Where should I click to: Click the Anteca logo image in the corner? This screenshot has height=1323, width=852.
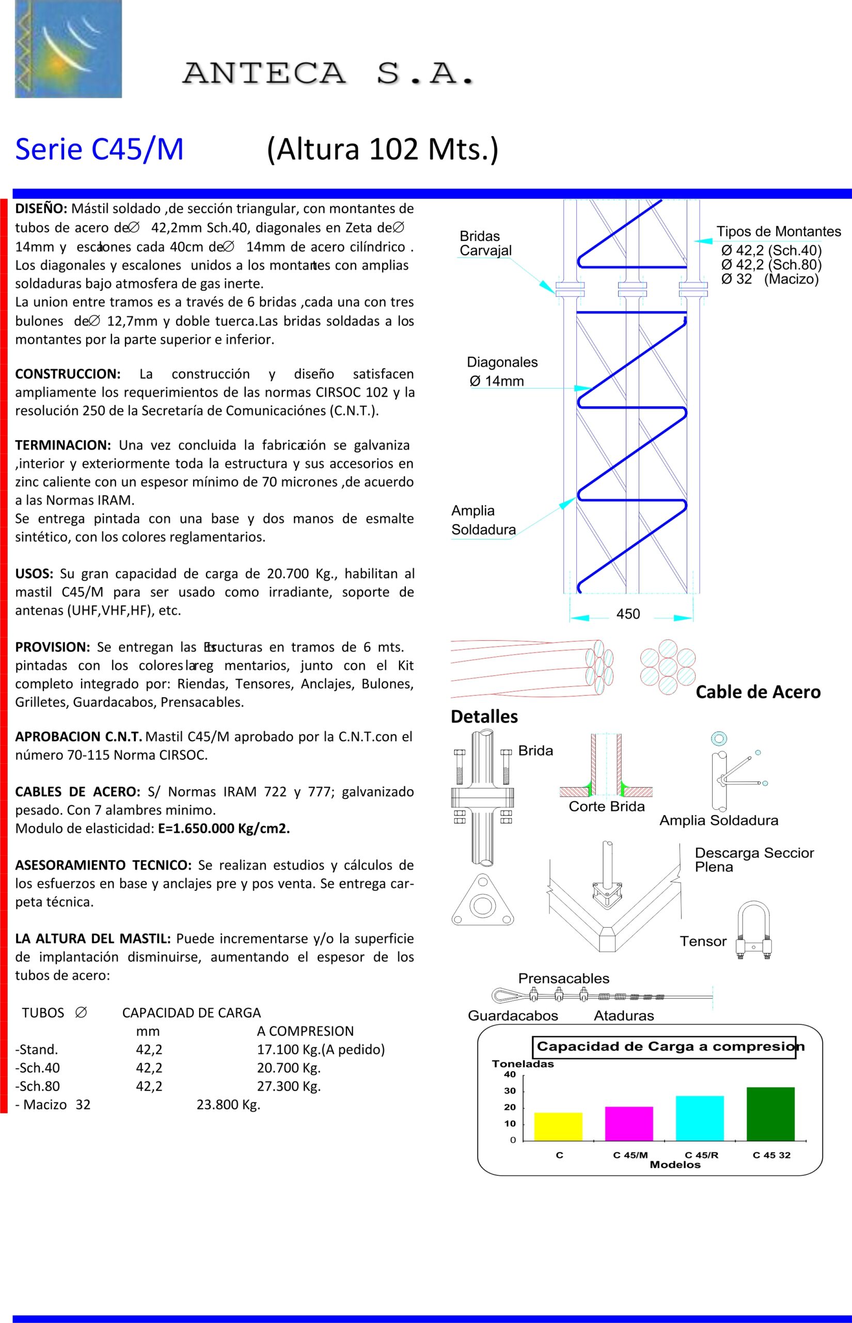68,49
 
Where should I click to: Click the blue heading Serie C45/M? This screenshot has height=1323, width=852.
100,149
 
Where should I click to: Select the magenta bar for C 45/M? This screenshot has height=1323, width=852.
629,1123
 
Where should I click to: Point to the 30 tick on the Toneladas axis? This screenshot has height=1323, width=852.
510,1091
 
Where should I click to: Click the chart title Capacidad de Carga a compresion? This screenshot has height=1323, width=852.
664,1047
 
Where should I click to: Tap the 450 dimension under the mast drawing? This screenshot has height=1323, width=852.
628,614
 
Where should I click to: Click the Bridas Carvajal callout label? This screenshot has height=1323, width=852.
485,243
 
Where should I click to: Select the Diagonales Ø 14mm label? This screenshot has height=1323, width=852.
502,372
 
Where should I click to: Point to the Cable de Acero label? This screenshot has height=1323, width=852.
758,692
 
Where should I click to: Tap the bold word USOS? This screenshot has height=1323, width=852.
34,574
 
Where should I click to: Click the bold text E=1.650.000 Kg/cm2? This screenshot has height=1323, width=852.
224,828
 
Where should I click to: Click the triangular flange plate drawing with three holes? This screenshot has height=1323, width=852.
482,901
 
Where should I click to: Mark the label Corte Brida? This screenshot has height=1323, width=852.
606,807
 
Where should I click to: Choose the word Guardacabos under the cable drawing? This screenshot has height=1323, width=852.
513,1016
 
